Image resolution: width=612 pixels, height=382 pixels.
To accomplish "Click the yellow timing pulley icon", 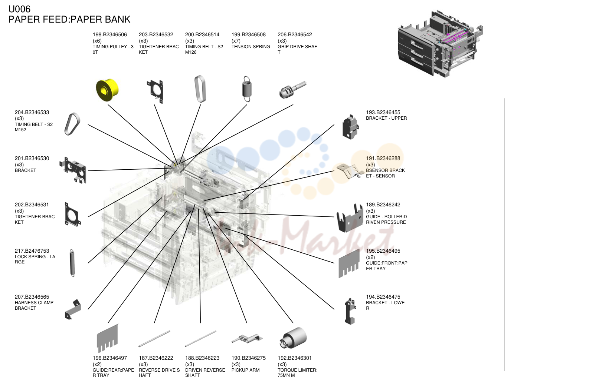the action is coord(107,90).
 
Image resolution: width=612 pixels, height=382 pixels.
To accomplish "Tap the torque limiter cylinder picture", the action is coord(293,338).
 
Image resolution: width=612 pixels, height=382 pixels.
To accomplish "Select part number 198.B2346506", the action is coord(110,34).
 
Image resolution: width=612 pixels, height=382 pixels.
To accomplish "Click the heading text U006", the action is coord(19,9).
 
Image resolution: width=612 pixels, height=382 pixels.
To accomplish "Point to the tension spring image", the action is coord(247,89).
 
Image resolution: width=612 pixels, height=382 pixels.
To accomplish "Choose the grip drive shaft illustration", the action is coord(293,90).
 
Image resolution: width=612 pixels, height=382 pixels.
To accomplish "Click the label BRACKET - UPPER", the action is coord(386,118).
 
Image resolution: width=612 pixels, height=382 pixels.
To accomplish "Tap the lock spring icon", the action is coord(72,263).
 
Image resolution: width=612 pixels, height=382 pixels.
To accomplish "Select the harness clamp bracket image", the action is coord(73,309).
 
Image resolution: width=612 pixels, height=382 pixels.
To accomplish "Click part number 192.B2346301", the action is coord(295,358).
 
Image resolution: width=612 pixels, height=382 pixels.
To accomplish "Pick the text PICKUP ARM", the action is coord(245,370).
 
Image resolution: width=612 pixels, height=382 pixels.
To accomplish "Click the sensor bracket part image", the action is coord(350,171).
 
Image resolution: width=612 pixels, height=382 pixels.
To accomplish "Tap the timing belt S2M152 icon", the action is coord(72,124).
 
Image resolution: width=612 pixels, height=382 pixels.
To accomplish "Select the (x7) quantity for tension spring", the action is coord(236,41).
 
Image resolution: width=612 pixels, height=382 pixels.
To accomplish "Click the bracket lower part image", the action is coord(350,311).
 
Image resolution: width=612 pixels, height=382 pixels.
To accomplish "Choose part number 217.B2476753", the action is coord(32,251).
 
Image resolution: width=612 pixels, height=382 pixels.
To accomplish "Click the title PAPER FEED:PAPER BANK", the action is coord(69,19).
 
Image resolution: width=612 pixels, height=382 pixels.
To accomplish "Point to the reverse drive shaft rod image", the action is coord(154,339).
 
